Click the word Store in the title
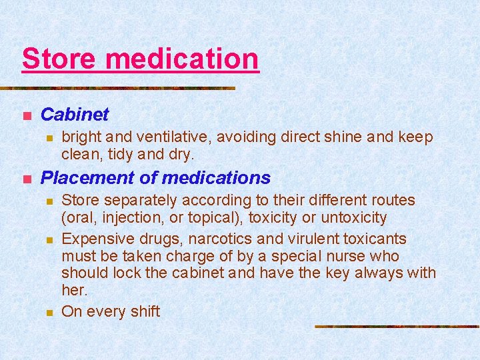tap(59, 59)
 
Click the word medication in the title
tap(182, 59)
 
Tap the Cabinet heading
tap(74, 115)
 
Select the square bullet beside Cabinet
tap(26, 116)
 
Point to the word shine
tap(343, 137)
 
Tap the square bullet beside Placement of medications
tap(26, 179)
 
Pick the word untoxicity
tap(354, 217)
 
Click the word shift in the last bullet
tap(143, 311)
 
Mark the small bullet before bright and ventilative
tap(47, 138)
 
